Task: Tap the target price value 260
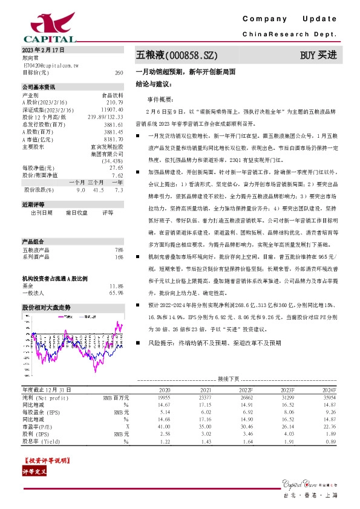pyautogui.click(x=119, y=72)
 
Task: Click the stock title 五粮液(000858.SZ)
pyautogui.click(x=175, y=55)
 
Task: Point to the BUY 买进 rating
pyautogui.click(x=318, y=55)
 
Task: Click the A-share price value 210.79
pyautogui.click(x=116, y=103)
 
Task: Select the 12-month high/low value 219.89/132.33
pyautogui.click(x=106, y=117)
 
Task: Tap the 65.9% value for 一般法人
pyautogui.click(x=117, y=293)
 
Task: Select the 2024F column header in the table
pyautogui.click(x=329, y=390)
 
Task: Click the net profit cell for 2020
pyautogui.click(x=164, y=397)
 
